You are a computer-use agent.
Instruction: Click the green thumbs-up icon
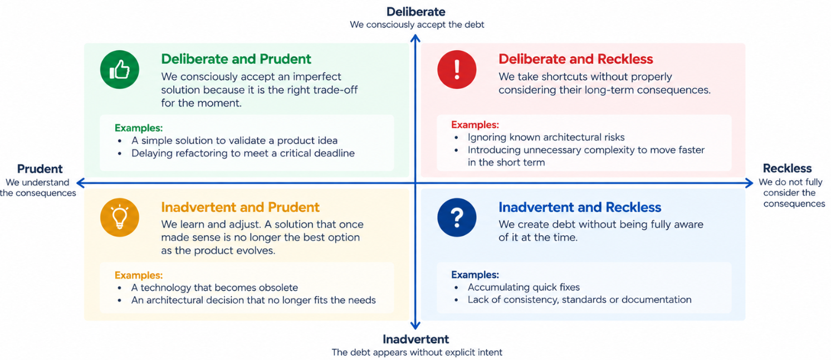tap(119, 70)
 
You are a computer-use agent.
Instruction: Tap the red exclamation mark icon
tap(457, 70)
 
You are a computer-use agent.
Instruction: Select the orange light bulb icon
tap(119, 217)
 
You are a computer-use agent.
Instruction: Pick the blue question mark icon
tap(457, 217)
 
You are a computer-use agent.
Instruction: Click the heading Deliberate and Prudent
tap(236, 59)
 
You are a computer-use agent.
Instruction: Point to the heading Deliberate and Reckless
tap(576, 59)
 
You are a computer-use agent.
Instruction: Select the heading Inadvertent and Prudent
tap(240, 207)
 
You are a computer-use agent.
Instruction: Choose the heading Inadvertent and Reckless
tap(580, 207)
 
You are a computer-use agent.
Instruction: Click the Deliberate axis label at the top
tap(416, 12)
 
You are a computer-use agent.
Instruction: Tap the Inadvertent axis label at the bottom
tap(416, 339)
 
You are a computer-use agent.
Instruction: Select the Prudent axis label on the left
tap(40, 169)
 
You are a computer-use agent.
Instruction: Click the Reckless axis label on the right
tap(787, 168)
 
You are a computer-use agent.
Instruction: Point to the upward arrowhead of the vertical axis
tap(415, 37)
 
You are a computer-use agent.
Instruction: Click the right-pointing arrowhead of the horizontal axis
tap(750, 183)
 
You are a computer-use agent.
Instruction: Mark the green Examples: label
tap(139, 128)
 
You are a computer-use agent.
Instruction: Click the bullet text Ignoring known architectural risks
tap(546, 137)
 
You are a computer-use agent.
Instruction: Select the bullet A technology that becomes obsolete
tap(214, 288)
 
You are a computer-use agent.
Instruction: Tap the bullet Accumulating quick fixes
tap(524, 287)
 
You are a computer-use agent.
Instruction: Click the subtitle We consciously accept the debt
tap(417, 25)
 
